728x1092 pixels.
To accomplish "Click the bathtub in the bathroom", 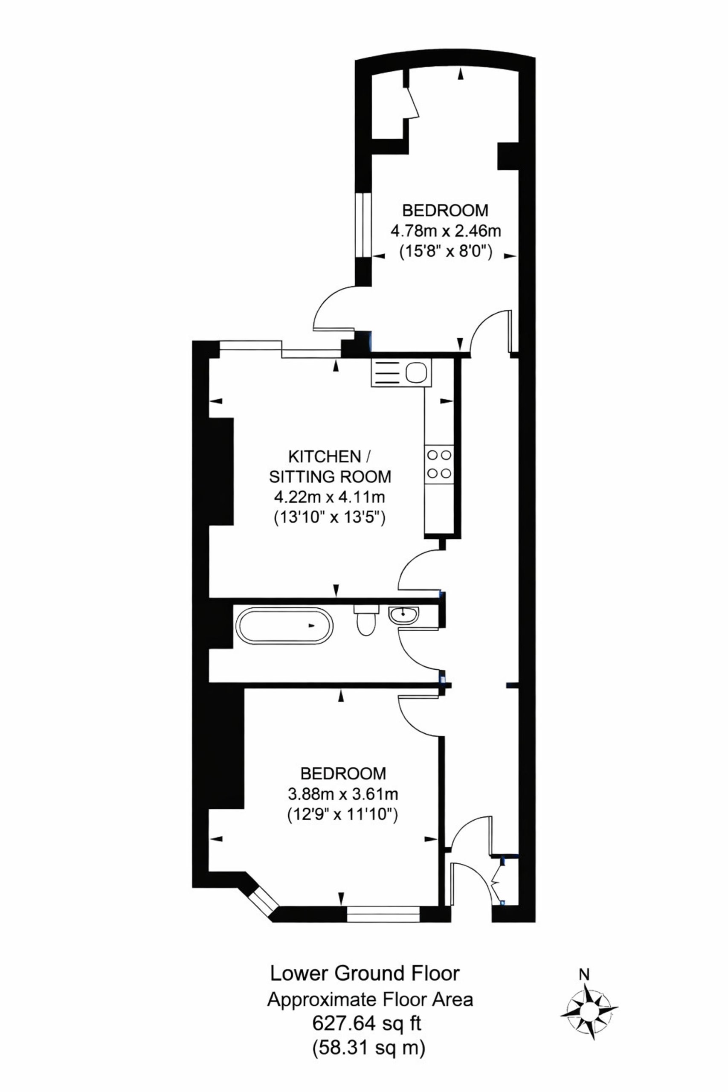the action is click(284, 625).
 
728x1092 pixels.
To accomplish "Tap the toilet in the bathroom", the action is click(366, 619).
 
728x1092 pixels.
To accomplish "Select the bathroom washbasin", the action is click(404, 616).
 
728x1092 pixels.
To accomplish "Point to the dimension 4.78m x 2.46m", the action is click(446, 231).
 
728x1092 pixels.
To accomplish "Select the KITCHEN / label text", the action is click(330, 456).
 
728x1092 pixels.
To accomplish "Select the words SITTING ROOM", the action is click(331, 477).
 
